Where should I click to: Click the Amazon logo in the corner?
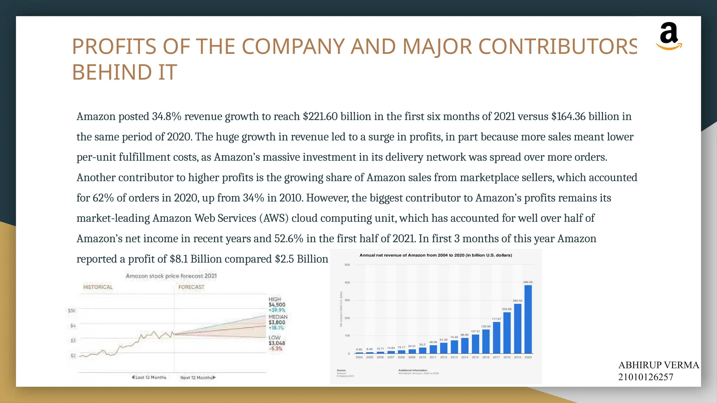669,36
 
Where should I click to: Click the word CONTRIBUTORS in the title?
557,47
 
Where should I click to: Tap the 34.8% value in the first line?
166,116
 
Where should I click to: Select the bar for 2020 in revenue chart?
528,319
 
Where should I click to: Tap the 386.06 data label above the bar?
528,282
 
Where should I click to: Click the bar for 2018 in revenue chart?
507,333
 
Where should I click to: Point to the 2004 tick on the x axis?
359,357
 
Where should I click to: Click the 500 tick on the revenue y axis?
347,265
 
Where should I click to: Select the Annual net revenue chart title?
436,255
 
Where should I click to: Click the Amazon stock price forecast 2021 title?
171,276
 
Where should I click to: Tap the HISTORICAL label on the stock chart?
98,287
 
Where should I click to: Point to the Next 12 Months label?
198,377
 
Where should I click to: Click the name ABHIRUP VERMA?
658,365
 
